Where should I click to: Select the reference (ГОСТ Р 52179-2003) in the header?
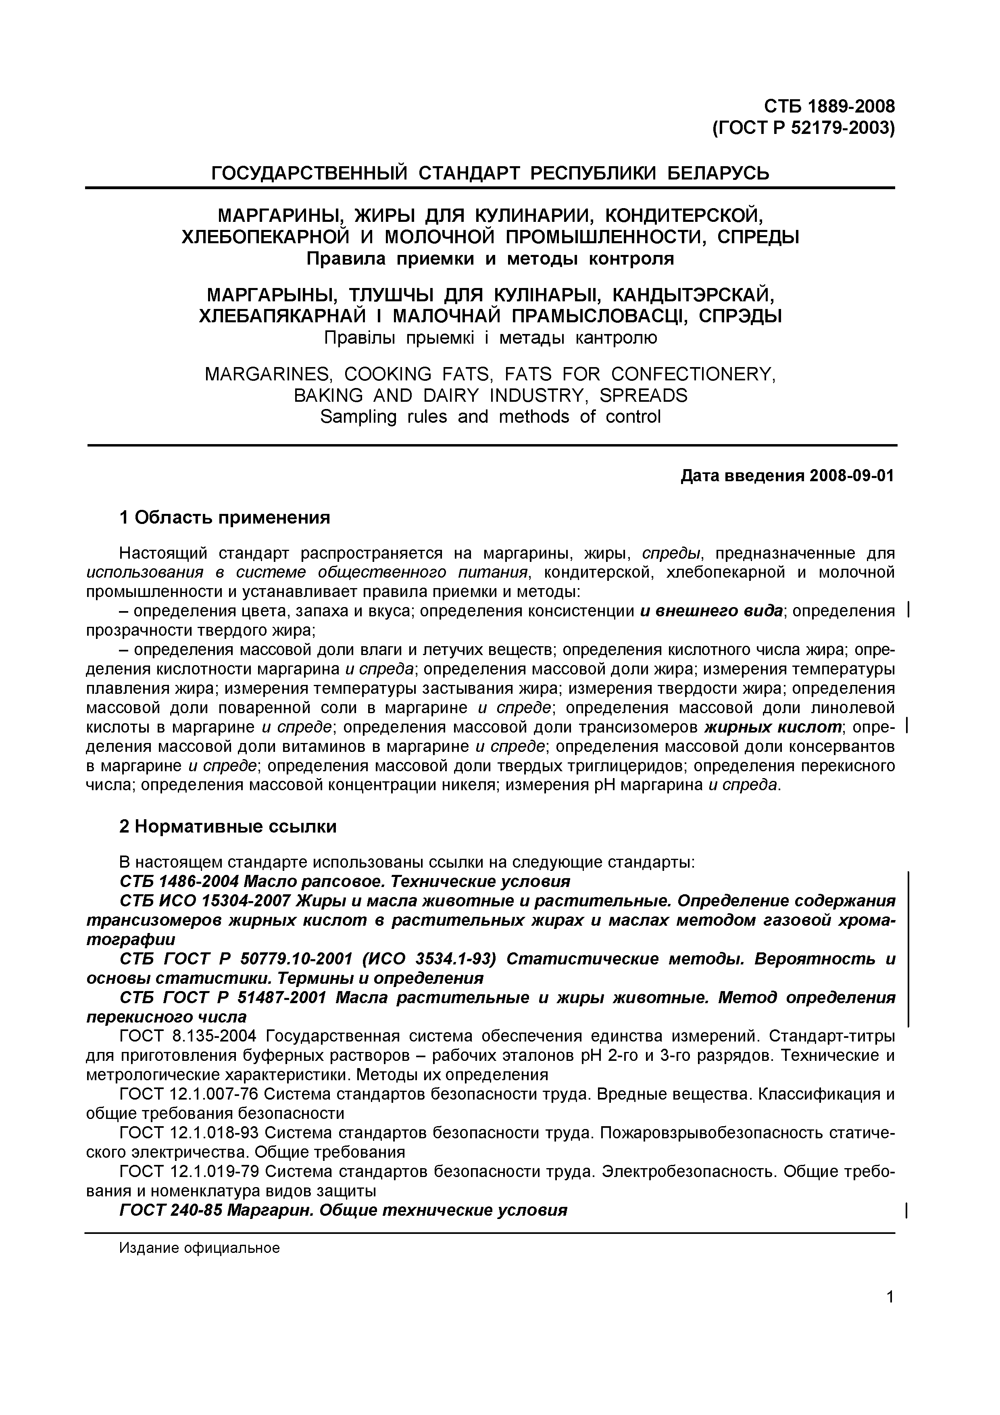click(803, 128)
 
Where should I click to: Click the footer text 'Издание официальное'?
click(199, 1248)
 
